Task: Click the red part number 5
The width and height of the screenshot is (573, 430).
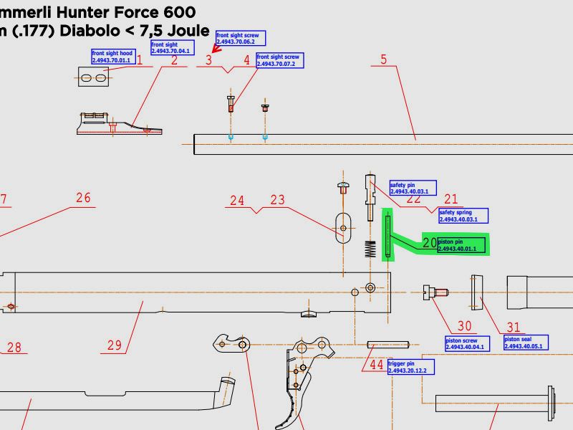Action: point(384,59)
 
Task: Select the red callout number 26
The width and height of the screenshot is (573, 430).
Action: point(84,197)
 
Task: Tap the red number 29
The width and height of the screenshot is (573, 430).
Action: point(115,345)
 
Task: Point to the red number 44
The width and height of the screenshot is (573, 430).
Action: point(377,364)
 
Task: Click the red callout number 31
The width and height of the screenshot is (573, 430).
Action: point(514,327)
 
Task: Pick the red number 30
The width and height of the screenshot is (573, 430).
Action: point(465,327)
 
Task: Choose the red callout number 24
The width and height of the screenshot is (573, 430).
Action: point(237,201)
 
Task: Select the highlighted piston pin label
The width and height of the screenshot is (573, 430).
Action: point(461,246)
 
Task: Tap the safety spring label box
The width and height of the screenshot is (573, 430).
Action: point(463,216)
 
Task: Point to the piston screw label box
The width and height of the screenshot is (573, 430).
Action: point(465,343)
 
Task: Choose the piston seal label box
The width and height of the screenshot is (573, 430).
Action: point(526,343)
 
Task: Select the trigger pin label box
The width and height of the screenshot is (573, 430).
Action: point(410,367)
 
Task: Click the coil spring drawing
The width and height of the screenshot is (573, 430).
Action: point(370,249)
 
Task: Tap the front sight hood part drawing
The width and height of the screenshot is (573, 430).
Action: point(93,77)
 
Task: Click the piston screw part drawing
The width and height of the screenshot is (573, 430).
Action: point(435,292)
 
